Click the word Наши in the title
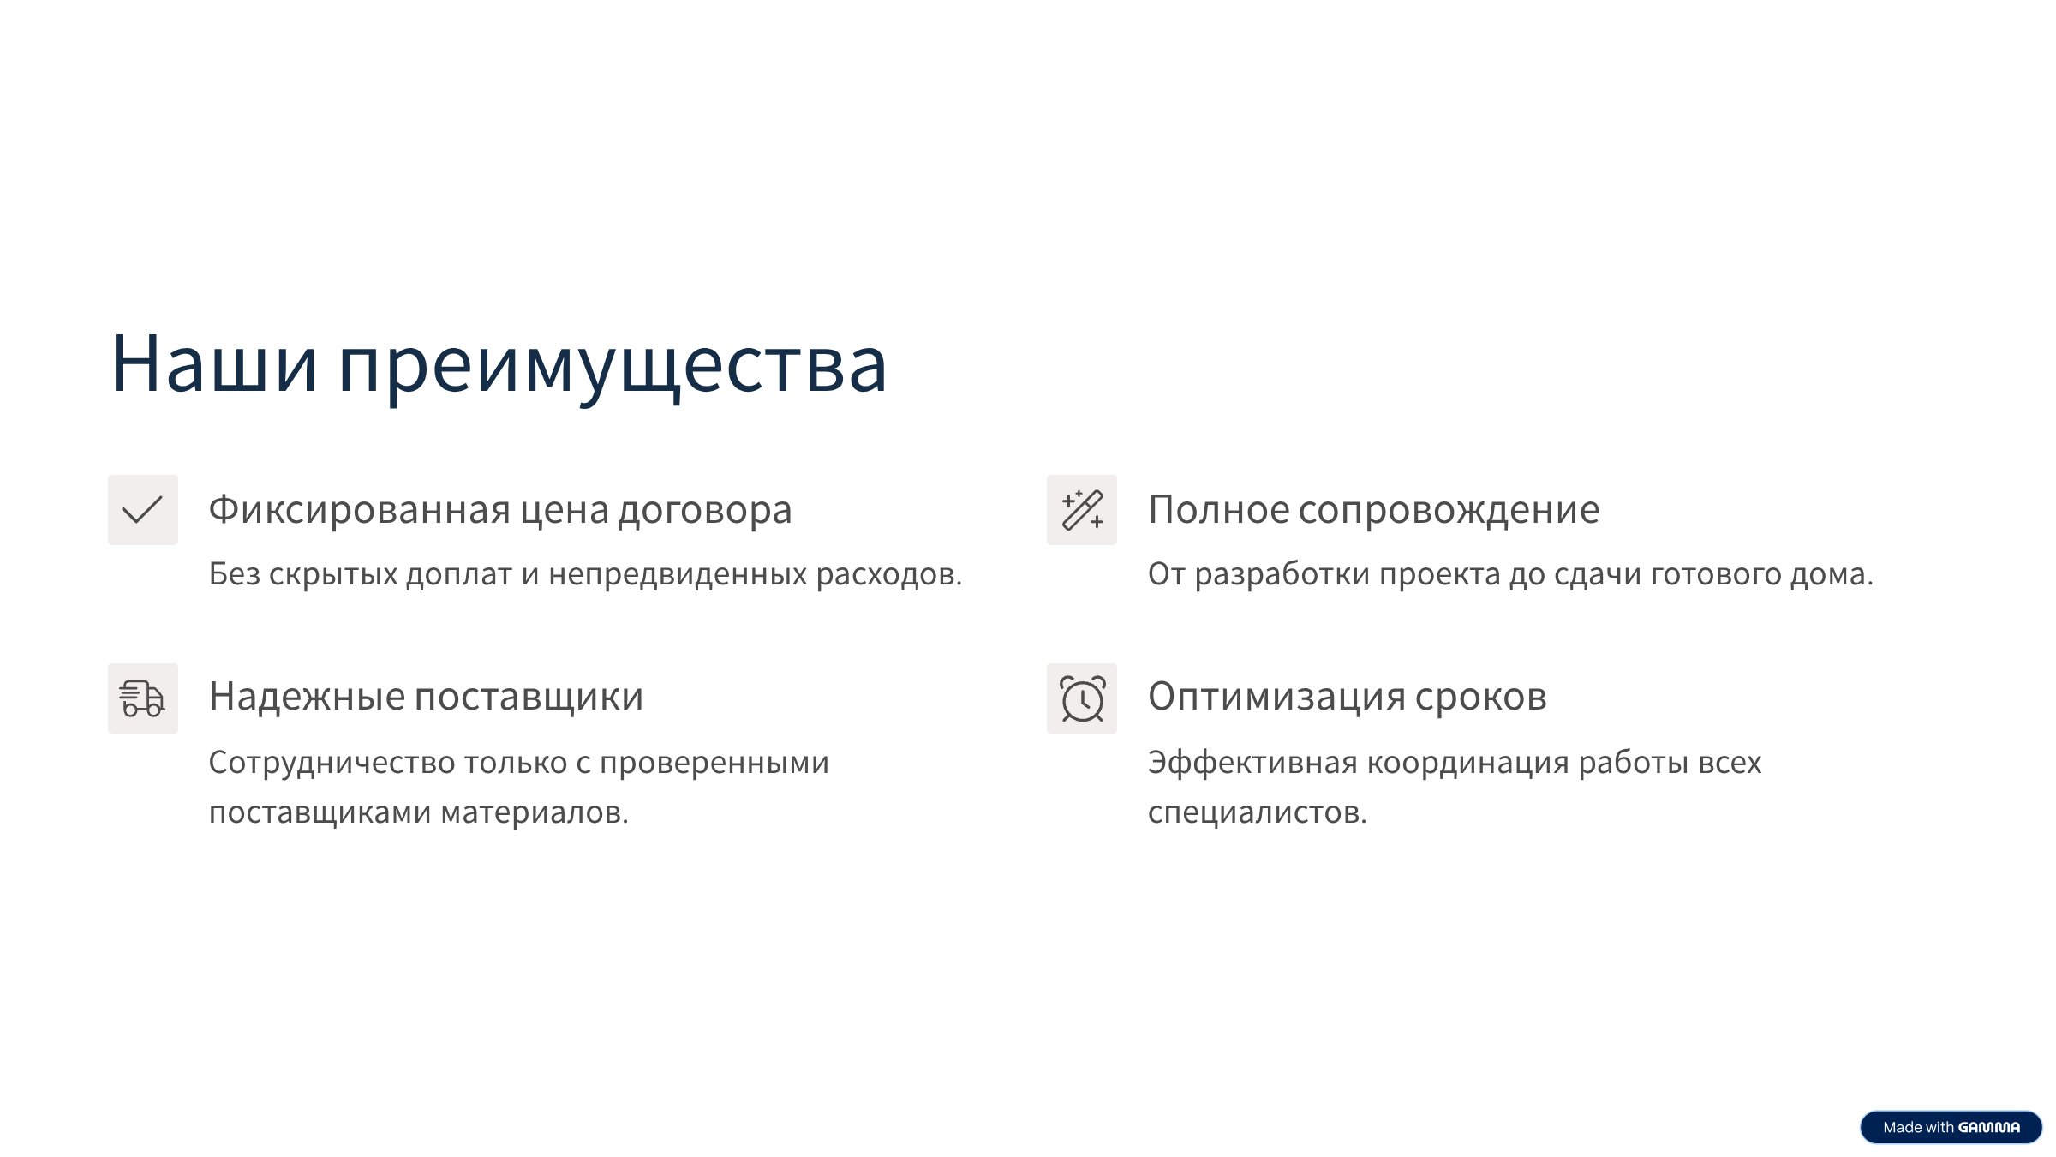213,364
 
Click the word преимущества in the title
613,366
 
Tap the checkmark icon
142,510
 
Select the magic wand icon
1081,510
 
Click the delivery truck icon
142,698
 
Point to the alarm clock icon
1081,698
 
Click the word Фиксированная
360,510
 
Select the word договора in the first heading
705,510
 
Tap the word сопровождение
1449,510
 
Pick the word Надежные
307,697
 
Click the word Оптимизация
1276,697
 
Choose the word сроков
1480,697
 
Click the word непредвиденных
678,574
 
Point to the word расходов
888,574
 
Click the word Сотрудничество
332,763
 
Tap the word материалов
534,812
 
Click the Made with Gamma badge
1951,1127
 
